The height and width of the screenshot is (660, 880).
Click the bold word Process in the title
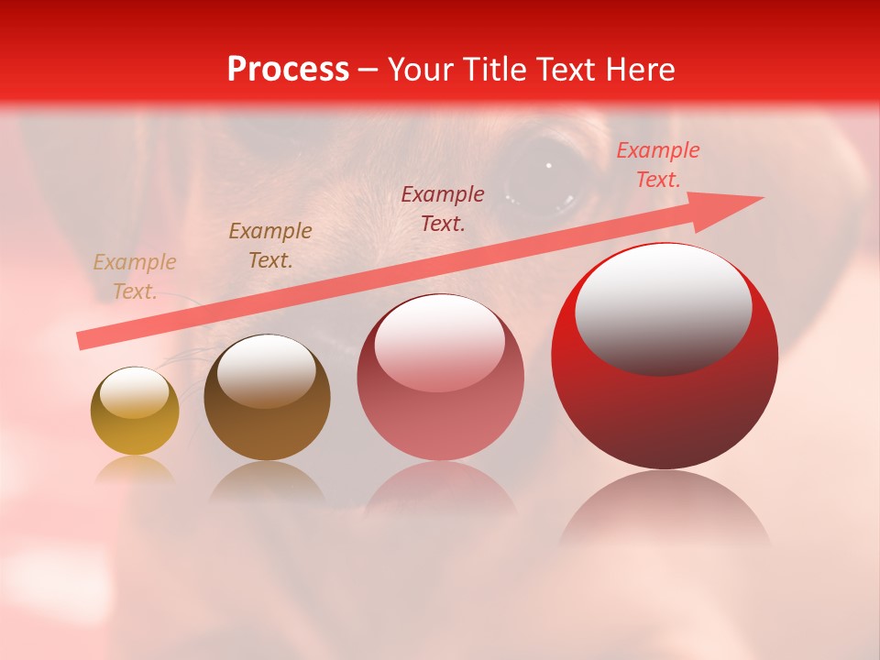288,70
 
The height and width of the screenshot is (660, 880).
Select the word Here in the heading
641,70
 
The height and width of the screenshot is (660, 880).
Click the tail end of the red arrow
84,341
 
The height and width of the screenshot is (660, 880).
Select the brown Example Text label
270,246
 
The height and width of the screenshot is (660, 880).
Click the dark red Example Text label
443,209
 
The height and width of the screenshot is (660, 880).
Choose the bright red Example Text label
657,165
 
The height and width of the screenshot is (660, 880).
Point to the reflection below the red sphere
665,513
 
